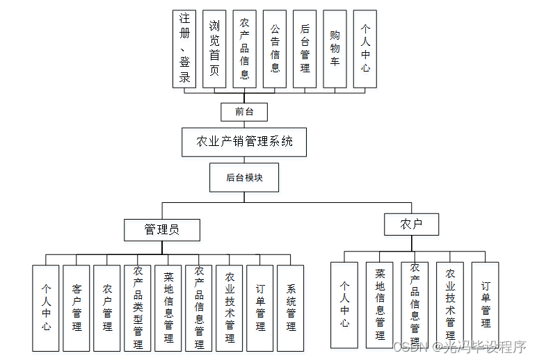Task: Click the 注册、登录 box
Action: [184, 49]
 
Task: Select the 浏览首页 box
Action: [214, 49]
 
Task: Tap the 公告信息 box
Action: [275, 49]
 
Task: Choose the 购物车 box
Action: [335, 49]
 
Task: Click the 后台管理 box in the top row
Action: [305, 49]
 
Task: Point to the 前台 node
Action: [244, 111]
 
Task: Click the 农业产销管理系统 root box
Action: [244, 142]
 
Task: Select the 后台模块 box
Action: [244, 177]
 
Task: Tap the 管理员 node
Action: [162, 229]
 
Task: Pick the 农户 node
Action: [411, 224]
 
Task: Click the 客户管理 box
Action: [77, 307]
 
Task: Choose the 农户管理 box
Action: [107, 307]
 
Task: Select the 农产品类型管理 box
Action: [138, 307]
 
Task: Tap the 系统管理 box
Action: [291, 307]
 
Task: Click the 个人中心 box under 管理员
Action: [46, 307]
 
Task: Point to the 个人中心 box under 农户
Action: [344, 304]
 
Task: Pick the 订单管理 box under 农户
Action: [486, 304]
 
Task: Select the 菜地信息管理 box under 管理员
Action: [168, 307]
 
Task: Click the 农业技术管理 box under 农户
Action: [450, 304]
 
